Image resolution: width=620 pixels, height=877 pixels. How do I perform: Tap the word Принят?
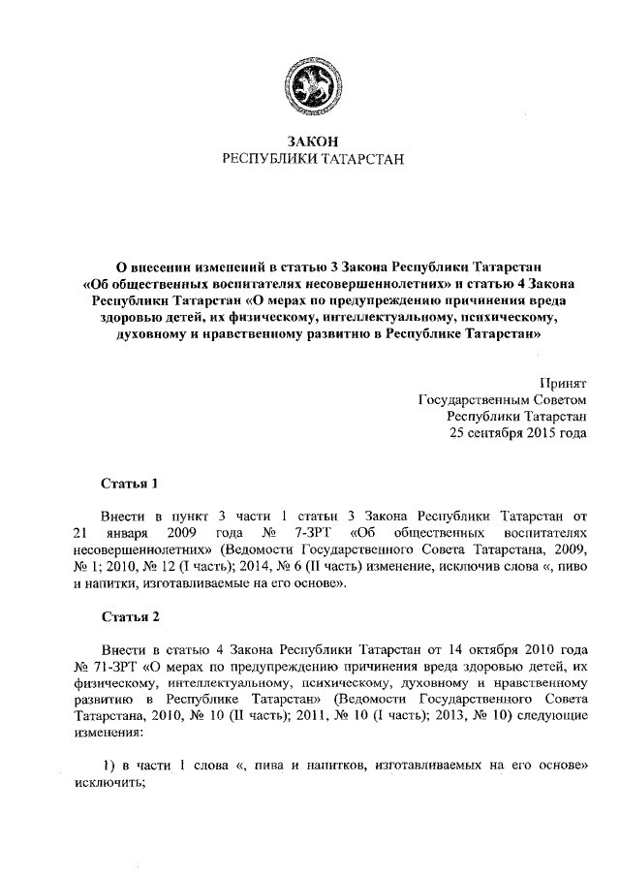tap(563, 383)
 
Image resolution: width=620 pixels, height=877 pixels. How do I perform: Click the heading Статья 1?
tap(129, 482)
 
